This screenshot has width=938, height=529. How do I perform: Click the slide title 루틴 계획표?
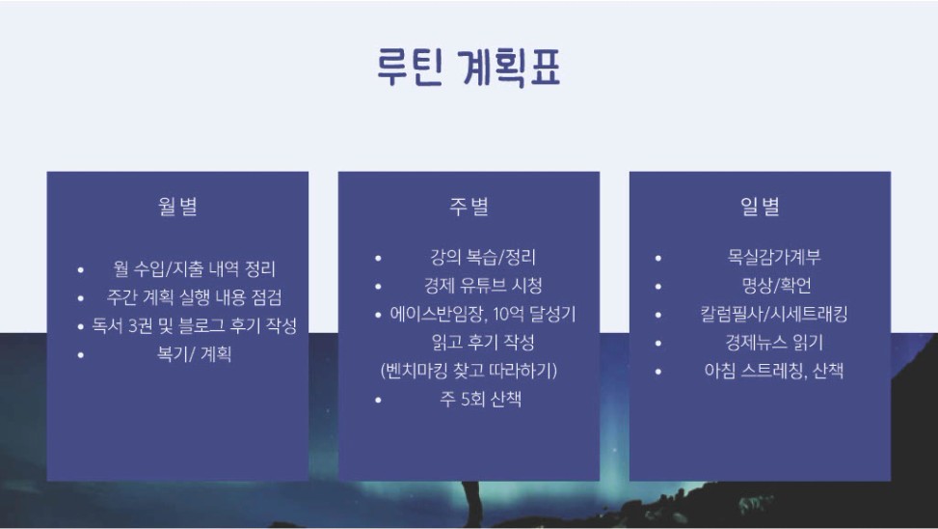[469, 67]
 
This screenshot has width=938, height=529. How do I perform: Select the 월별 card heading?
[177, 206]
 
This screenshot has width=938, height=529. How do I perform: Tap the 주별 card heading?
[469, 206]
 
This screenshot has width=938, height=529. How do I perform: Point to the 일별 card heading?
[760, 206]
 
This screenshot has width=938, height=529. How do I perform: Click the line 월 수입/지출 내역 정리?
[195, 268]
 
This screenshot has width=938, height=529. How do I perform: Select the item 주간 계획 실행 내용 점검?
[194, 297]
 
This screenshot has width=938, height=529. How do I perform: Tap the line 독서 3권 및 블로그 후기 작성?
[195, 325]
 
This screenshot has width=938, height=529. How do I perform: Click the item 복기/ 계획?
[194, 354]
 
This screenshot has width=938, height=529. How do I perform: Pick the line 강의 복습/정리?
[483, 257]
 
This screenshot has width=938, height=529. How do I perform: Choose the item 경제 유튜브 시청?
[483, 285]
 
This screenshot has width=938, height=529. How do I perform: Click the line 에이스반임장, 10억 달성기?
[483, 314]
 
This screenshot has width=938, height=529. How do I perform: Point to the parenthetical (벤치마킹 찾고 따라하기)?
[469, 371]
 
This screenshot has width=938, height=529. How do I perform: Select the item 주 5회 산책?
[481, 399]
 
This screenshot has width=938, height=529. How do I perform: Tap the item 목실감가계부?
[774, 257]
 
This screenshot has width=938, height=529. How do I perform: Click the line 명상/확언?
[776, 285]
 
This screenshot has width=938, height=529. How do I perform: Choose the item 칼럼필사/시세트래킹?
[774, 314]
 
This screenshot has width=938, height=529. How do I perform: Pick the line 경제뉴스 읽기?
[774, 342]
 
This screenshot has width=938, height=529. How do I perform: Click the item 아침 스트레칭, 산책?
[774, 371]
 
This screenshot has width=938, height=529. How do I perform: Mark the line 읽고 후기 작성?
[483, 342]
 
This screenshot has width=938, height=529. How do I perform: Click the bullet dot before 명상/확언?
[658, 287]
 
